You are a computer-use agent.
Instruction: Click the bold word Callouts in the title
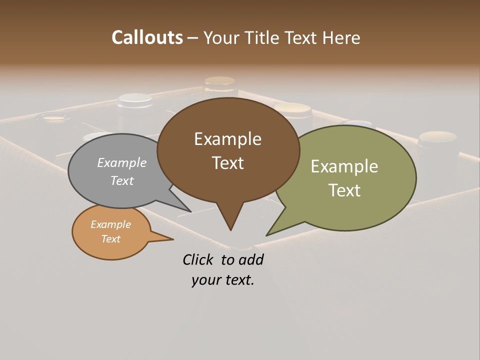pos(147,37)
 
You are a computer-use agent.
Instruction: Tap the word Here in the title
pos(341,37)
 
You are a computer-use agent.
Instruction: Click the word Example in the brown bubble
pos(227,139)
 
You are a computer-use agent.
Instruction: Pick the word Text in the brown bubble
pos(227,163)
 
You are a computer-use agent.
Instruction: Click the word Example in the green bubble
pos(344,166)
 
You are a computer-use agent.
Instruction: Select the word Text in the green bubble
pos(344,190)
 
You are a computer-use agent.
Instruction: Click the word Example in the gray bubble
pos(122,162)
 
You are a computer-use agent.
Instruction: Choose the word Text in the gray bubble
pos(122,180)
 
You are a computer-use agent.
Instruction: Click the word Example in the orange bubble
pos(110,224)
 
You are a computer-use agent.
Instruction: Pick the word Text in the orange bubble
pos(110,239)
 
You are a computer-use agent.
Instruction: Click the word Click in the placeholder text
pos(198,260)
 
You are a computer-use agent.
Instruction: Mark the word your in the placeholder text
pos(205,280)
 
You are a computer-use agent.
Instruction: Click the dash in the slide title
pos(193,38)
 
